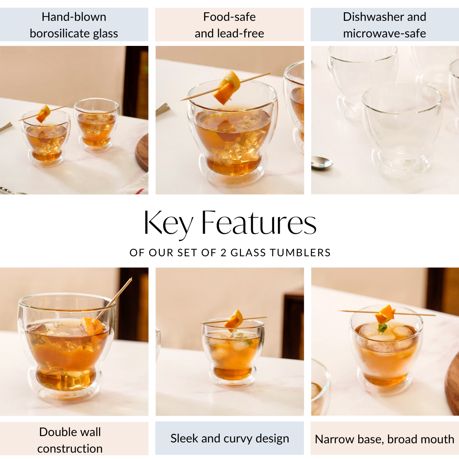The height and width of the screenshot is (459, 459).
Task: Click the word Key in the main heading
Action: click(x=168, y=224)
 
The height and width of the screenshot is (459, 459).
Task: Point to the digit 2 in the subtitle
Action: click(x=224, y=252)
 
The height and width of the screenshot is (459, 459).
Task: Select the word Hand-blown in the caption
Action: click(x=74, y=17)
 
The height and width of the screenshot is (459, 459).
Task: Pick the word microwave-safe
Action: click(x=384, y=34)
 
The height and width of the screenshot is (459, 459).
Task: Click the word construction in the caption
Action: click(x=70, y=448)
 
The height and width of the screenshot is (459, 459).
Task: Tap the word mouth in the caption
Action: click(x=437, y=439)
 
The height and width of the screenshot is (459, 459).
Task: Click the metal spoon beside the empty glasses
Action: click(x=321, y=162)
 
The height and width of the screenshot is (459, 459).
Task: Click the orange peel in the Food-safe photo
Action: click(x=227, y=87)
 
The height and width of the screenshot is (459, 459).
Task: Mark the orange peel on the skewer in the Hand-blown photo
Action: click(x=43, y=114)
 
